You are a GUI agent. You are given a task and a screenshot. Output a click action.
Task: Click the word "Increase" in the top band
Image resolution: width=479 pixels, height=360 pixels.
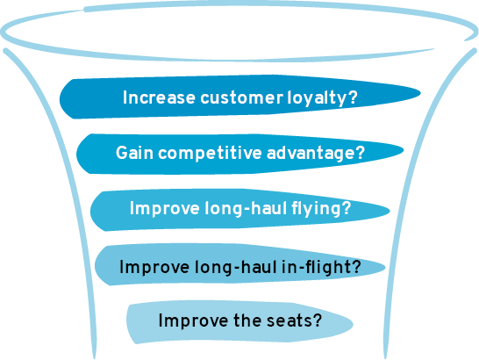159,97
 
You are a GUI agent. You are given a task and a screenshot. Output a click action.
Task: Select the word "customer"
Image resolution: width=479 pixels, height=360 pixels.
241,97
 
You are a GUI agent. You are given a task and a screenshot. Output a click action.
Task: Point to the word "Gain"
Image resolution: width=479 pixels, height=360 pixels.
134,153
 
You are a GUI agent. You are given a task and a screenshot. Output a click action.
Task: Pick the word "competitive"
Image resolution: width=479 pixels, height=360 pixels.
210,153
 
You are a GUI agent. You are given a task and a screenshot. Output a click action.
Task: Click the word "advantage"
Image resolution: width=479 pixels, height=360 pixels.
311,153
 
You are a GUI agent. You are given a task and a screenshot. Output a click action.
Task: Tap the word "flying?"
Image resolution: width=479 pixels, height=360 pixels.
321,208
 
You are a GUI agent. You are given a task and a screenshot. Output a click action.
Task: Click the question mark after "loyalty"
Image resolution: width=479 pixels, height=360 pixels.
352,97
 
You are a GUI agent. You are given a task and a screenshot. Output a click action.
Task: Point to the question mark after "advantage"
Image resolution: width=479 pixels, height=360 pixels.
360,152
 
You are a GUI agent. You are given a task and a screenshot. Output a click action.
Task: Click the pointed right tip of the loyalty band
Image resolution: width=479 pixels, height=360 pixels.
420,93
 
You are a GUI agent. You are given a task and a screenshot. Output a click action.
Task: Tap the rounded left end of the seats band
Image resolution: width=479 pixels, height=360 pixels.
128,320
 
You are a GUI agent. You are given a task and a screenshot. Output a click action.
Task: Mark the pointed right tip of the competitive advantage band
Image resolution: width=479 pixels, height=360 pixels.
404,149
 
